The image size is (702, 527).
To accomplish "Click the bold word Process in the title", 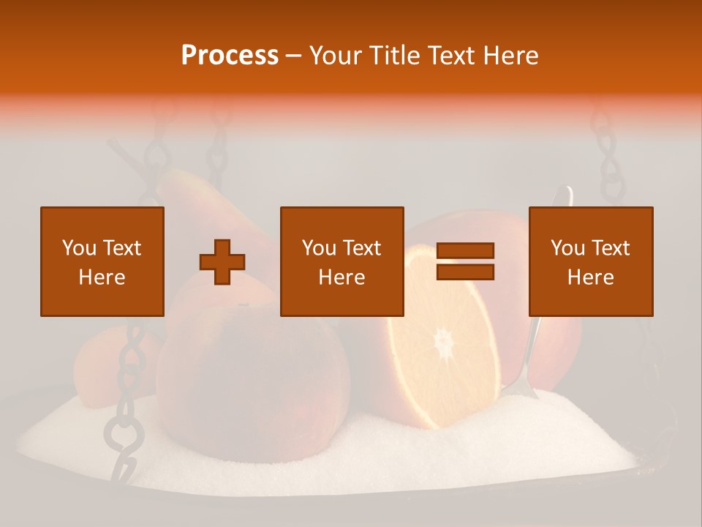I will (230, 56).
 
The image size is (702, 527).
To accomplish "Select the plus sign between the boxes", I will (222, 262).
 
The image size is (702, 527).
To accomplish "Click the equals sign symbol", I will (465, 261).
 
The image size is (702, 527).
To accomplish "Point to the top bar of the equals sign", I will (465, 250).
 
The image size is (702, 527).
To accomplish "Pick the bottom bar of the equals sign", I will (465, 272).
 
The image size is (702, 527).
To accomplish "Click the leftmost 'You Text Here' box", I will (102, 261).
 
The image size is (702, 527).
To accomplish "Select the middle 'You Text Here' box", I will (342, 261).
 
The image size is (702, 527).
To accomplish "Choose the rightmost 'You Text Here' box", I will (591, 261).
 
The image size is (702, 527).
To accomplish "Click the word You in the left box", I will (78, 248).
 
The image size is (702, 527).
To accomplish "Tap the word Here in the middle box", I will (342, 277).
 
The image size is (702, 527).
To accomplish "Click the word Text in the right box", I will (611, 248).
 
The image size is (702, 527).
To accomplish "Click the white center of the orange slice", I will (443, 343).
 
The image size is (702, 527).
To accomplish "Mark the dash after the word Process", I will (294, 56).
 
